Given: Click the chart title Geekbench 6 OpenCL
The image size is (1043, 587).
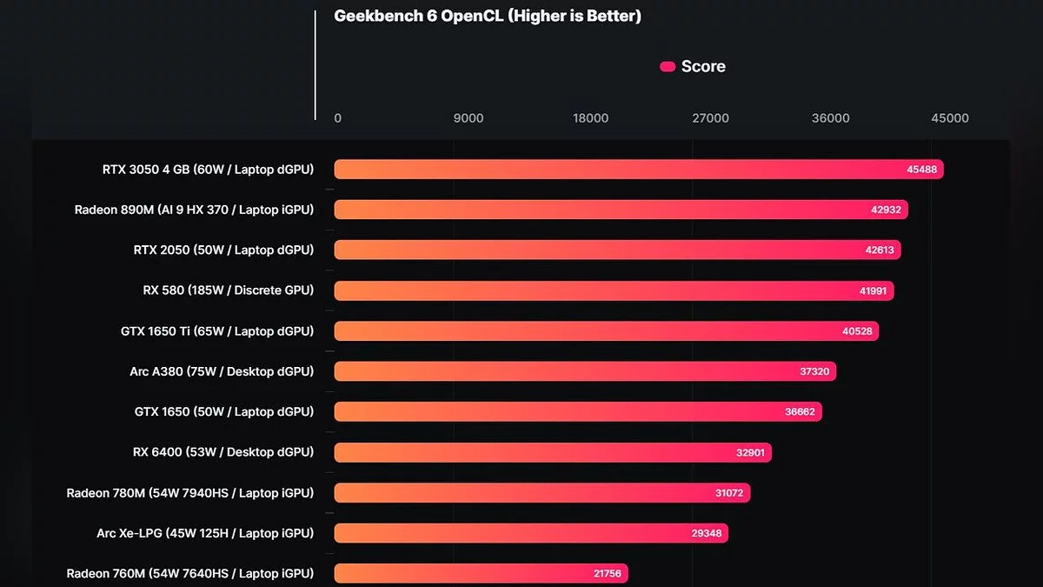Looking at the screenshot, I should tap(488, 16).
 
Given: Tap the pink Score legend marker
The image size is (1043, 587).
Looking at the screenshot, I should tap(668, 67).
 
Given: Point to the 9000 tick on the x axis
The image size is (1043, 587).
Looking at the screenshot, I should tap(468, 118).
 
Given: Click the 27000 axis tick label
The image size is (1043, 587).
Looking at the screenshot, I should tap(710, 118).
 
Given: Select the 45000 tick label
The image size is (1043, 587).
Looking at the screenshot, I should tap(949, 118).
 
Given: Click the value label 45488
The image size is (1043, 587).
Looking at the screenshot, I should tap(921, 170).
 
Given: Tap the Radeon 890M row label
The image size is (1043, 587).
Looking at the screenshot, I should tap(194, 210).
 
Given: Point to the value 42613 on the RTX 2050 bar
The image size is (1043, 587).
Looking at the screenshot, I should tap(880, 250).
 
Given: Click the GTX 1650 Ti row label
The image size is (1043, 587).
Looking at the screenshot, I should tap(217, 331).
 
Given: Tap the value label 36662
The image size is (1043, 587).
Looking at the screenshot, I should tap(800, 412).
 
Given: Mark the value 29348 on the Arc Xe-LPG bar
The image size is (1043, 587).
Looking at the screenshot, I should tap(707, 533).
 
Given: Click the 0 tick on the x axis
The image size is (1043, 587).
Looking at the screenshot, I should tap(338, 118).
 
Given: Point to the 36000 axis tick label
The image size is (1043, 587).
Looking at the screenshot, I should tap(830, 118).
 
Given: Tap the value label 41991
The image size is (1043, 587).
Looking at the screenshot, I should tap(873, 291).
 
